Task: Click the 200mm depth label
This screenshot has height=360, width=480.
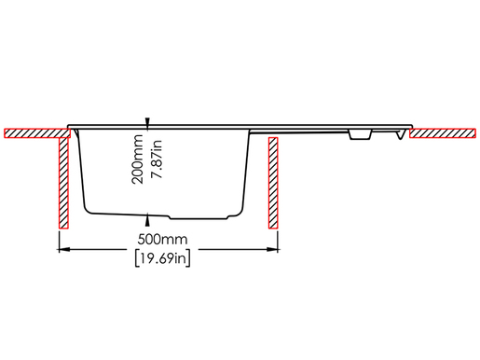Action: [x=137, y=159]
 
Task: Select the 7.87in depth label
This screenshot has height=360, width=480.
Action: [x=157, y=159]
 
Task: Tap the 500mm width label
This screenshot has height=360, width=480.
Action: [x=162, y=240]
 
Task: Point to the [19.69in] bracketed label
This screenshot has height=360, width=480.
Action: [x=162, y=258]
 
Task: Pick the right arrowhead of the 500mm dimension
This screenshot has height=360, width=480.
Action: [x=272, y=249]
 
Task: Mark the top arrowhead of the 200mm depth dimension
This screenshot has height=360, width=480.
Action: [x=147, y=123]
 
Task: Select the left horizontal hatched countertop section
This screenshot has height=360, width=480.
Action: [x=37, y=133]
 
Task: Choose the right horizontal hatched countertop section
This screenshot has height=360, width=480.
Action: [x=443, y=133]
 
